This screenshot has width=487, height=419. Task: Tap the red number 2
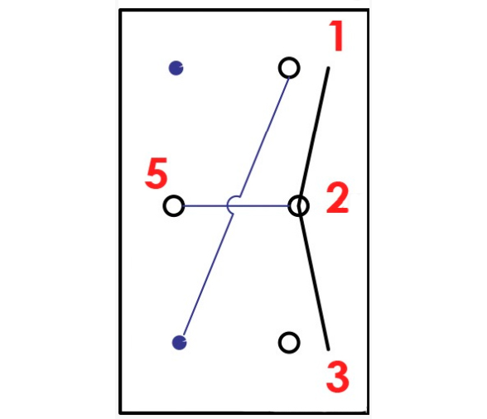tap(337, 198)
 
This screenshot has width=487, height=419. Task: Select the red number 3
tap(338, 377)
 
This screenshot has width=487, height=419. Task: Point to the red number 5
tap(157, 173)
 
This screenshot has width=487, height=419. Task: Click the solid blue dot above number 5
tap(176, 68)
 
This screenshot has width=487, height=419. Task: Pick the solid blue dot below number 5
tap(179, 343)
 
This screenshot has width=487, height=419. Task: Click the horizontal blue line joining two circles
tap(237, 206)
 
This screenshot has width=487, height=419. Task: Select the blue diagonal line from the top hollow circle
tap(265, 137)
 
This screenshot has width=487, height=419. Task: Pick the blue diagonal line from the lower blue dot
tap(208, 276)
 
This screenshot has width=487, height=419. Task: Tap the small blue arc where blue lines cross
tap(228, 205)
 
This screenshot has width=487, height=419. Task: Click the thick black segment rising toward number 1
tap(314, 137)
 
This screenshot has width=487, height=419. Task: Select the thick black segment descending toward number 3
tap(314, 278)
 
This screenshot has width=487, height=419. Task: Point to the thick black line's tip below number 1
tap(328, 68)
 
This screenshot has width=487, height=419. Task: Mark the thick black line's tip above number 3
tap(328, 349)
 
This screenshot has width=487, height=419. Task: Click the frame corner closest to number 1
tap(368, 11)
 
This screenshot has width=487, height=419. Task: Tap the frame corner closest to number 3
tap(368, 412)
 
